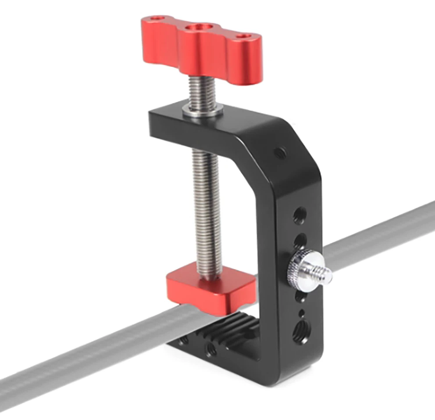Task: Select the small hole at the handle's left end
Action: (154, 20)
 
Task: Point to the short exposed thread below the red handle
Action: (203, 92)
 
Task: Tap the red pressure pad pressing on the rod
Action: (210, 290)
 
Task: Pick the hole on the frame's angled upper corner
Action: (279, 153)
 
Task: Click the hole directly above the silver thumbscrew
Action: (300, 241)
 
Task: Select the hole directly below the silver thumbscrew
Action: (300, 296)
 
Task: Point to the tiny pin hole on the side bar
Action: (302, 312)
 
